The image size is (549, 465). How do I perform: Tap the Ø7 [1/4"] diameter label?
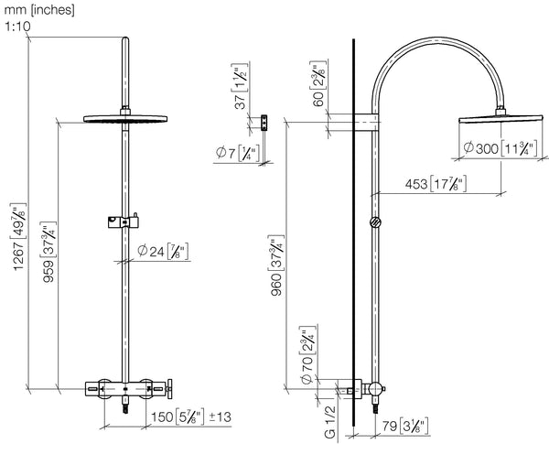click(x=238, y=152)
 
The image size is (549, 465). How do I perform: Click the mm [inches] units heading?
click(x=38, y=10)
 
